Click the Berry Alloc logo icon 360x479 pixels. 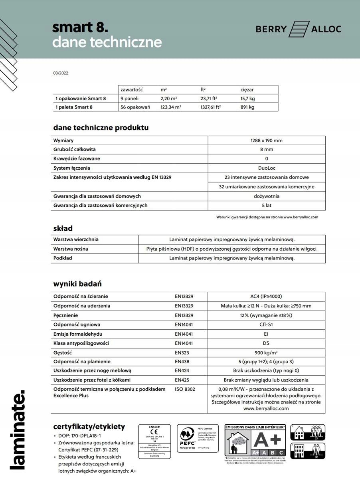tap(299, 29)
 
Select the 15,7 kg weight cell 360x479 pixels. tap(247, 98)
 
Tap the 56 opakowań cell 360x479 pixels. tap(135, 107)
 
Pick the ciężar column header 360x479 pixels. tap(247, 90)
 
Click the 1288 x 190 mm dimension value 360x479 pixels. tap(267, 141)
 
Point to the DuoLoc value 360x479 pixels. tap(267, 168)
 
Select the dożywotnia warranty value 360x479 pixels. tap(267, 196)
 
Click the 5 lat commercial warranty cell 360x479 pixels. tap(267, 205)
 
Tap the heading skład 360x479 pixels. tap(63, 229)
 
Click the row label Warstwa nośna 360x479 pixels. tap(71, 249)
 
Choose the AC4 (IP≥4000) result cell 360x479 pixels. tap(266, 297)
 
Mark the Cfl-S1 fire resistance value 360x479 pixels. tap(266, 325)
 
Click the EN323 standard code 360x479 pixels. tap(182, 352)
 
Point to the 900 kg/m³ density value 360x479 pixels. tap(266, 352)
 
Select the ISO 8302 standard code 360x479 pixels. tap(185, 389)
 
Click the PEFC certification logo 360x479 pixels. tap(187, 438)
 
